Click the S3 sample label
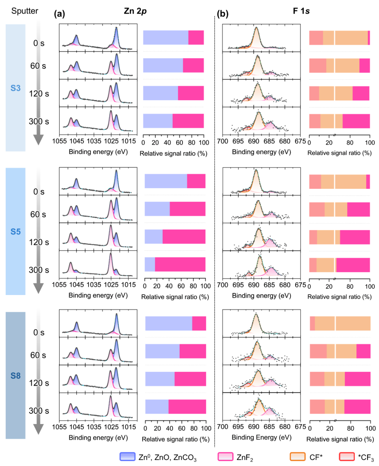15,88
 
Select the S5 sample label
15,232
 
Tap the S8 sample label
15,376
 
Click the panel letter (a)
59,14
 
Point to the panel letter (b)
222,14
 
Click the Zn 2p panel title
135,11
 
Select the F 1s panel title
301,11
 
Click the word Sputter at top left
25,11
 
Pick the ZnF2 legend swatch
225,456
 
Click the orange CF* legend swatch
298,456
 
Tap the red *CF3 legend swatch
347,456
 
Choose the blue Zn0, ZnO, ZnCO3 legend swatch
127,456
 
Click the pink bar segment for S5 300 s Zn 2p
180,264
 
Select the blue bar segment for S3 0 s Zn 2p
166,37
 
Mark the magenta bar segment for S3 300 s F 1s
356,121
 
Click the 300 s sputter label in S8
39,411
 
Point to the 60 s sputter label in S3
38,66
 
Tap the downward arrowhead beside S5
38,288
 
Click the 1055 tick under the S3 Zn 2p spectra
59,141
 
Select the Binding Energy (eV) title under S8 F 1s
261,437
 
